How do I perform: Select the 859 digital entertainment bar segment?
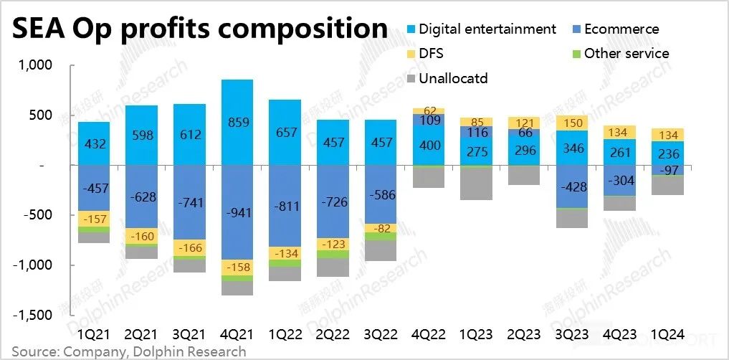pos(237,122)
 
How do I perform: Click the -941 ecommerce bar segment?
pos(237,212)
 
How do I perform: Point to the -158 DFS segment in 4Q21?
pos(237,267)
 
